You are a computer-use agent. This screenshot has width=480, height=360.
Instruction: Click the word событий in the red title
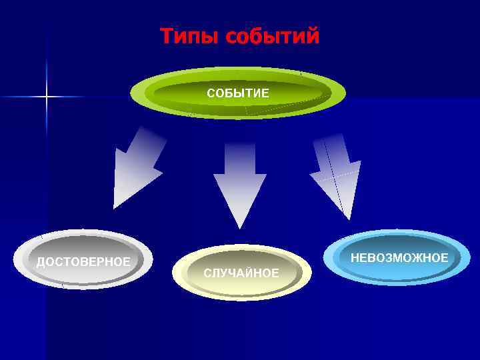coord(273,36)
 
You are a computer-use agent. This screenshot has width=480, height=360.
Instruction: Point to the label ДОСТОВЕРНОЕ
coord(83,261)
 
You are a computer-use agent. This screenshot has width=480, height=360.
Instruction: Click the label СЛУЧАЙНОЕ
coord(241,273)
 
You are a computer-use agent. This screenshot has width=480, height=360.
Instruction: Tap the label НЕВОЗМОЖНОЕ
coord(399,257)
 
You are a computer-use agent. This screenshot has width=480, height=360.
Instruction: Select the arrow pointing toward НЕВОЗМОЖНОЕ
coord(337,173)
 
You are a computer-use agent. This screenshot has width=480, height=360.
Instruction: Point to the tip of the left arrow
coord(115,207)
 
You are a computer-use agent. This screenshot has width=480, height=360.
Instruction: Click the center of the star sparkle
coord(47,97)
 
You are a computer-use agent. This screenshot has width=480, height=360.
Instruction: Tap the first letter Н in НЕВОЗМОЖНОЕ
coord(355,257)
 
